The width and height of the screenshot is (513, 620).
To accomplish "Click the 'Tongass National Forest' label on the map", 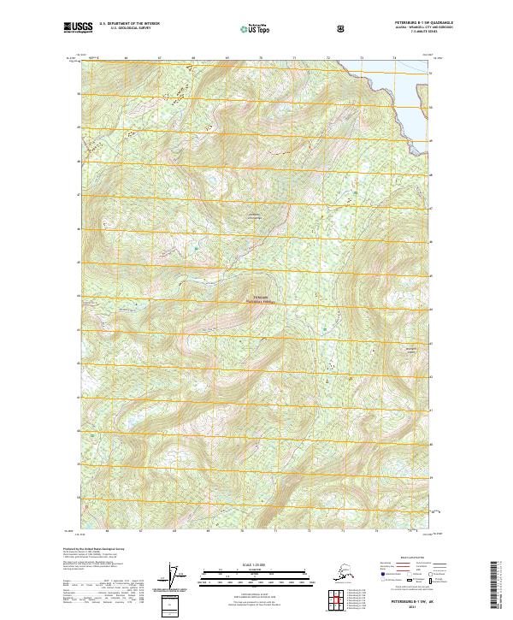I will coord(257,301).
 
